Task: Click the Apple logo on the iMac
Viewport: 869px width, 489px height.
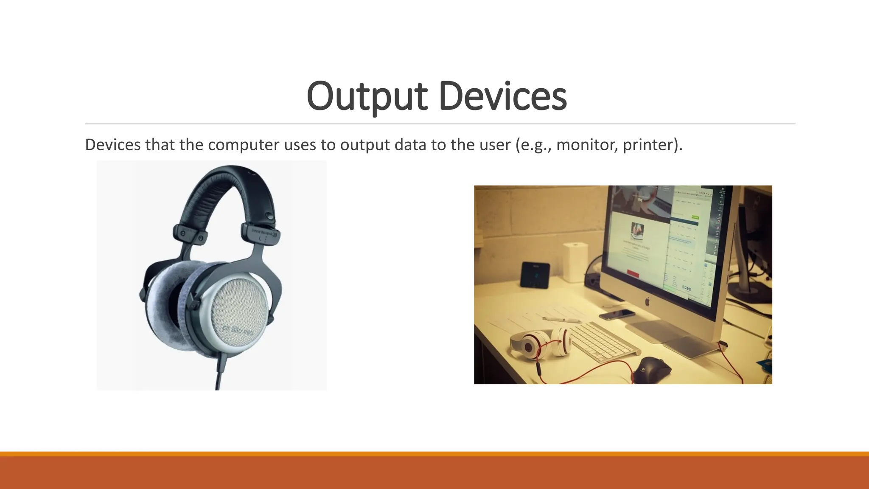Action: tap(648, 302)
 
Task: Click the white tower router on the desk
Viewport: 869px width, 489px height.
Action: tap(575, 261)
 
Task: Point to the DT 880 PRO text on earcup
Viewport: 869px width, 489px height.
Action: tap(238, 330)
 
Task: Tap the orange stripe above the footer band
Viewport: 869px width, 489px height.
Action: tap(434, 454)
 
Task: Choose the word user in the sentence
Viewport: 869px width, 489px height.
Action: tap(495, 145)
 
